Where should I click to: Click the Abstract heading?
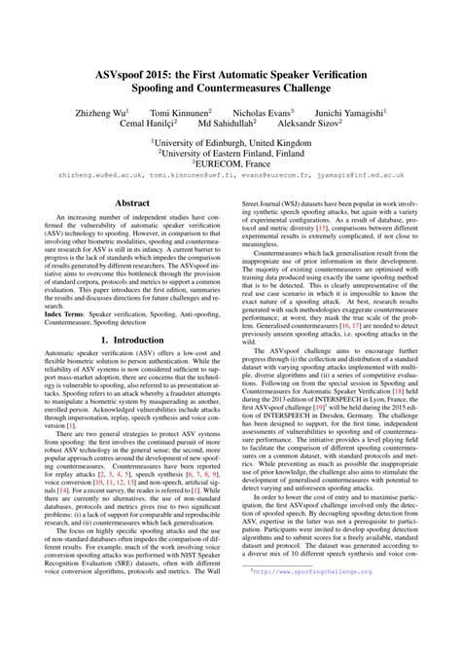(x=132, y=201)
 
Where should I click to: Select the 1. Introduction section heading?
(x=132, y=369)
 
